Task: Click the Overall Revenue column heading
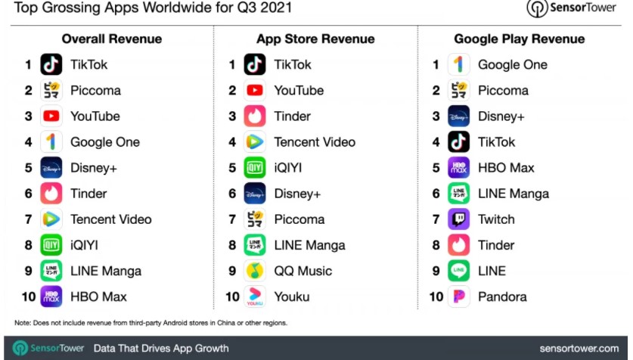111,39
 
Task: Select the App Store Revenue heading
315,39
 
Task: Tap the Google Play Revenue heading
519,39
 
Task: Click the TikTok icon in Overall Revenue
51,64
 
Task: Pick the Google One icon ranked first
458,64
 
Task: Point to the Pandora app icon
458,296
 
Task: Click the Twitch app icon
458,219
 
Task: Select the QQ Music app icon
255,271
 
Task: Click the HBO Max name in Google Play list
506,168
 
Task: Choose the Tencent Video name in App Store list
315,142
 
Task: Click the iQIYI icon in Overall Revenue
51,245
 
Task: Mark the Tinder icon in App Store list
255,116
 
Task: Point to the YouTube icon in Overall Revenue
51,116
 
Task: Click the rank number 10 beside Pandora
436,296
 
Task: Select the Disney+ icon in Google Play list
458,116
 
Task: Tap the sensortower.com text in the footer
579,349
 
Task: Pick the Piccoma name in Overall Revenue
95,91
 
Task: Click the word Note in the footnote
22,323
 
